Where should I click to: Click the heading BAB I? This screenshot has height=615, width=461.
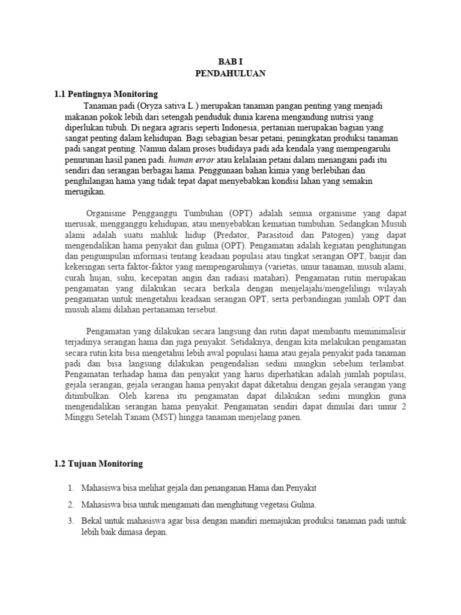230,62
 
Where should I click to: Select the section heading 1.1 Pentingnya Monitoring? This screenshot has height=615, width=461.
106,94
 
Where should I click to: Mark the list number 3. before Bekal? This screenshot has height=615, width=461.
71,521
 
